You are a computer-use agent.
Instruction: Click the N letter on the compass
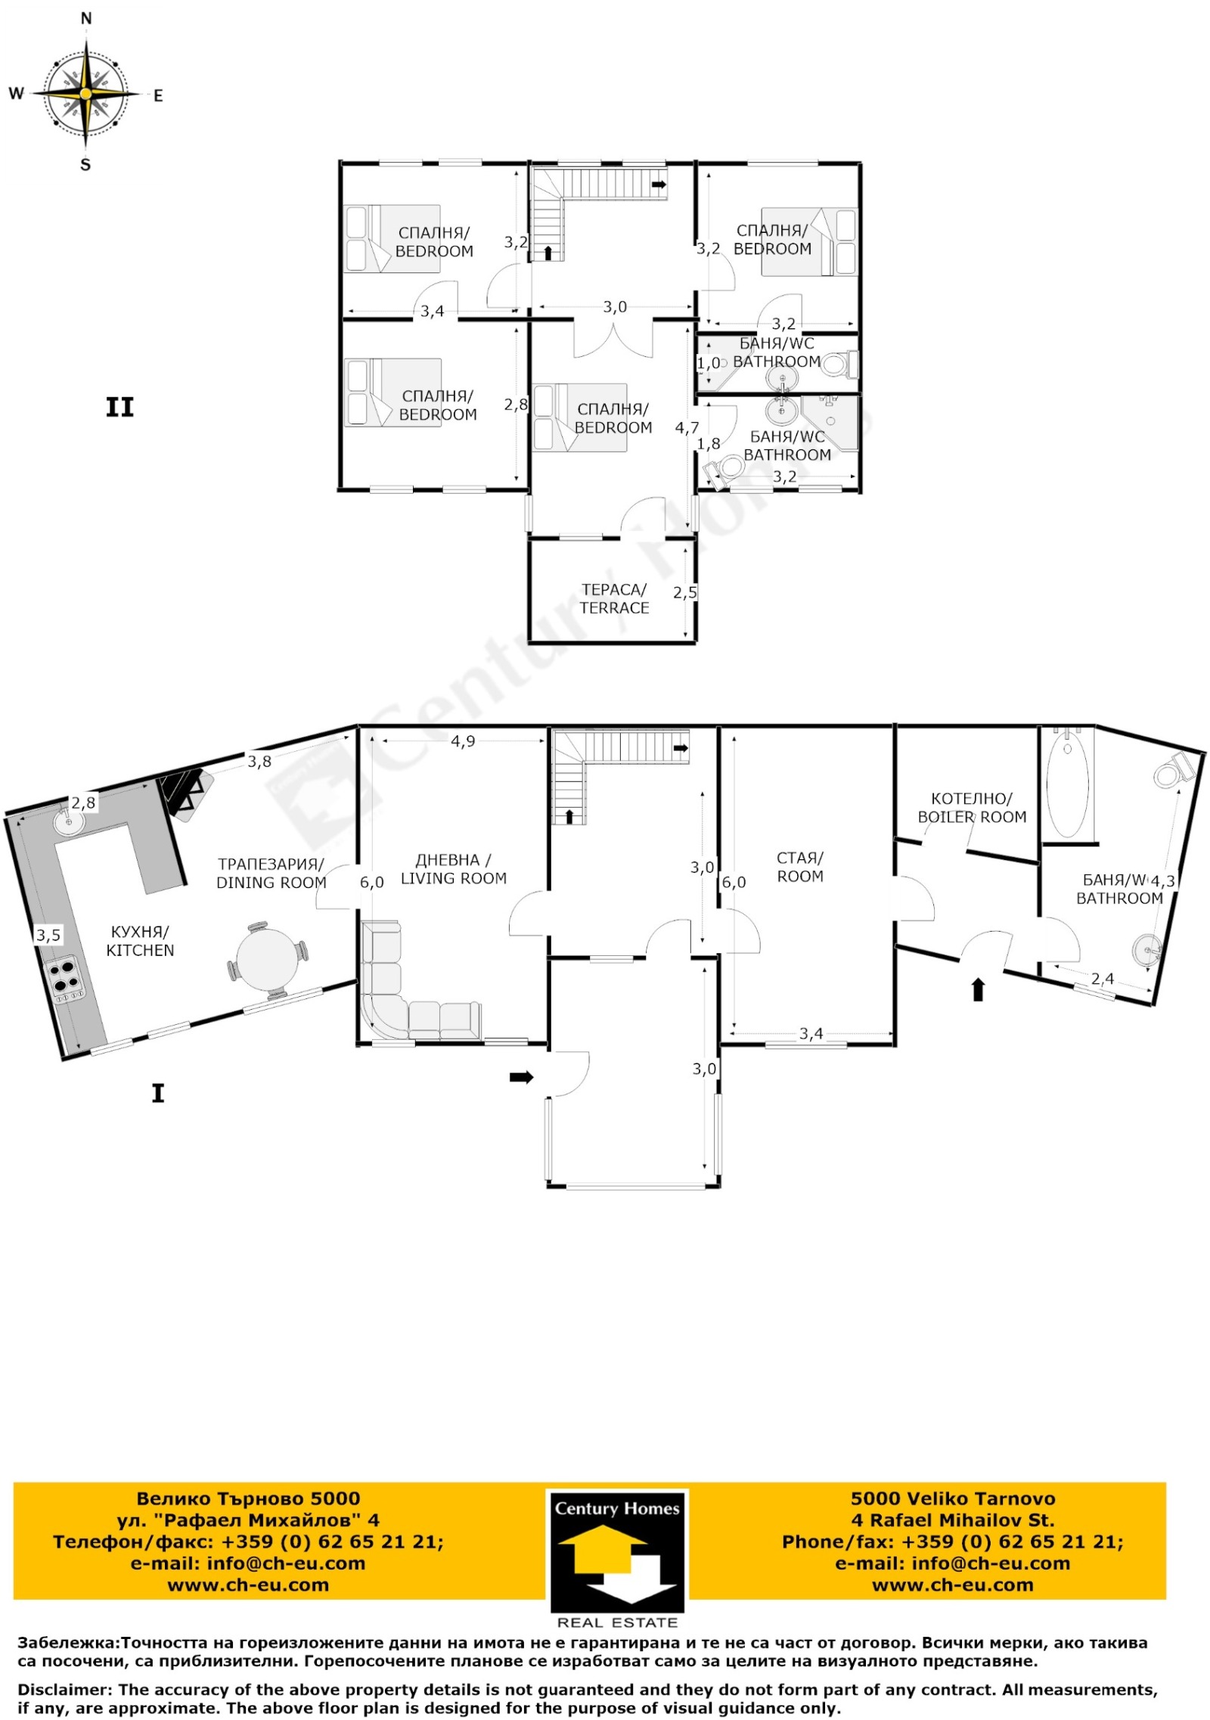[86, 18]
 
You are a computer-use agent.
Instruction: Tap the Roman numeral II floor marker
[119, 408]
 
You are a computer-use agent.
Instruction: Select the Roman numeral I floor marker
[158, 1093]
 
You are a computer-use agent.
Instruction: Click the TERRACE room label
[614, 608]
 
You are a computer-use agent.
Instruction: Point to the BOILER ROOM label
[972, 817]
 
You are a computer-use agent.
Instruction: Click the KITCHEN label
[140, 950]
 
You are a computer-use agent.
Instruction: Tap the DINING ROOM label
[271, 882]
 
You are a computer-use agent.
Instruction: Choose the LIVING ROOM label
[454, 878]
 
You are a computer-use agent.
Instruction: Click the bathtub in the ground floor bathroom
[1067, 782]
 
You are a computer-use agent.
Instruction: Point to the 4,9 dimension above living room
[463, 741]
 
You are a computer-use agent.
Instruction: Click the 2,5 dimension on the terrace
[685, 593]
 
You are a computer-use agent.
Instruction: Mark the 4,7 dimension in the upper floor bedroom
[687, 428]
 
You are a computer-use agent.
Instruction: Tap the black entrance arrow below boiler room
[978, 989]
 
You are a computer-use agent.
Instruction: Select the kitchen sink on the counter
[69, 821]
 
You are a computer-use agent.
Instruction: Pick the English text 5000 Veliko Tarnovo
[952, 1498]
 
